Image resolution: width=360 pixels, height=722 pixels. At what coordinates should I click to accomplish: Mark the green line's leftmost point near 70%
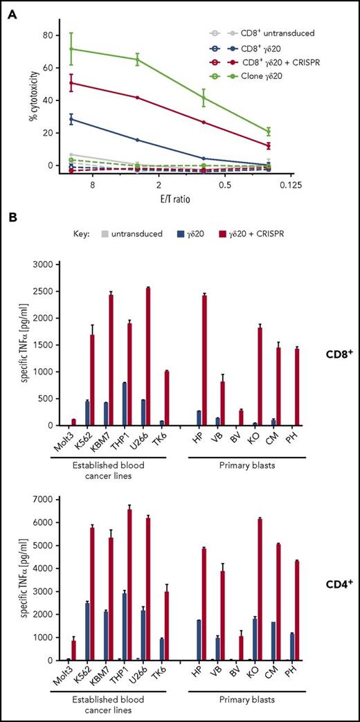tap(71, 48)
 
